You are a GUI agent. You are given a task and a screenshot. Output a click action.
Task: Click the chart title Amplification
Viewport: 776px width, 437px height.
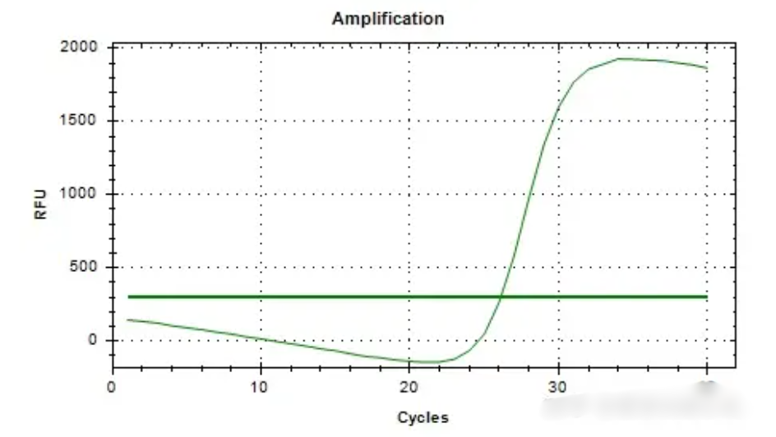(x=387, y=18)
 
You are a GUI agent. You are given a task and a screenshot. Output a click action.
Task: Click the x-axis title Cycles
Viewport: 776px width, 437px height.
(x=423, y=417)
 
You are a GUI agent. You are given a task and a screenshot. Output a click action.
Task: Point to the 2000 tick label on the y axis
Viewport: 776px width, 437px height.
(x=80, y=48)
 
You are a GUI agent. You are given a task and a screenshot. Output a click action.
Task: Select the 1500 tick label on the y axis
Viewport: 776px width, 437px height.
(x=80, y=121)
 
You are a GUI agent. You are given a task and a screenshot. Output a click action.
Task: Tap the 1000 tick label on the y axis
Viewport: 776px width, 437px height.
(x=80, y=194)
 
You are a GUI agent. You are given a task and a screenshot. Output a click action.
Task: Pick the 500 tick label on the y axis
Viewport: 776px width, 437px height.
(x=85, y=267)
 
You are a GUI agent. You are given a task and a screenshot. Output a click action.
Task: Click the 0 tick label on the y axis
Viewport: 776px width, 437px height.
(x=94, y=340)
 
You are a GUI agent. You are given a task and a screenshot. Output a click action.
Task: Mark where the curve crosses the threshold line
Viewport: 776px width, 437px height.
(x=501, y=297)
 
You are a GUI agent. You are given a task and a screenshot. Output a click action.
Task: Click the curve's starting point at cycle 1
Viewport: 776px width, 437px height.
(x=127, y=320)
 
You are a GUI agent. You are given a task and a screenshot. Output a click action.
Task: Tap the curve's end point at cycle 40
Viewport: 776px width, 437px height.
(x=707, y=68)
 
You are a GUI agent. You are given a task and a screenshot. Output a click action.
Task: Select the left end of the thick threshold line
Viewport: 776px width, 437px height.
(x=128, y=297)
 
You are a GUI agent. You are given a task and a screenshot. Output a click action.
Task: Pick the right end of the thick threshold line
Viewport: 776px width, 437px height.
(x=707, y=297)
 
